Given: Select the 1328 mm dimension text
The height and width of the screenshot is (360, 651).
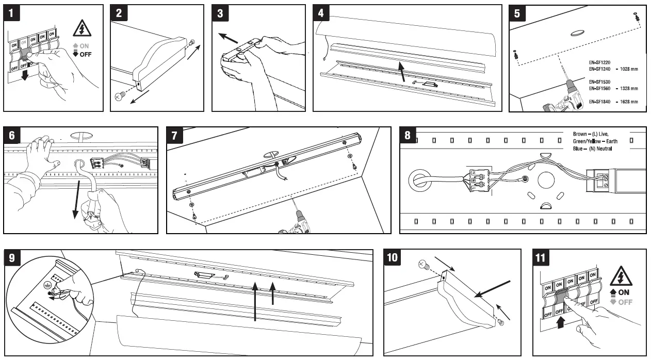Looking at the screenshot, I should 627,89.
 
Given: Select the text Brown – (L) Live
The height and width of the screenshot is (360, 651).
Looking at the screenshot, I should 591,134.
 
